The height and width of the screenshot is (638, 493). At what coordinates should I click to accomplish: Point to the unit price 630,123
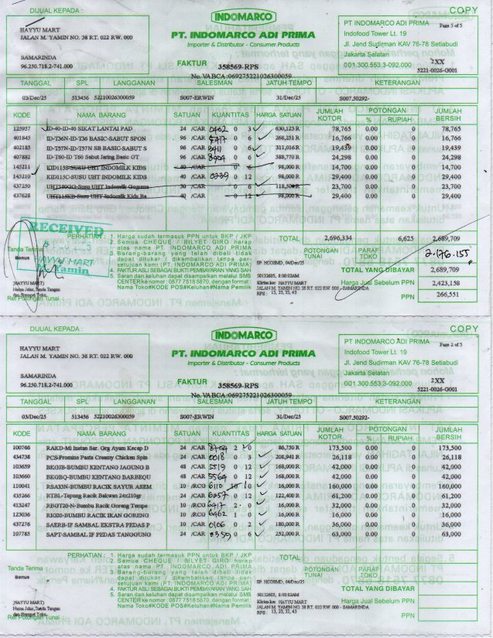pyautogui.click(x=288, y=128)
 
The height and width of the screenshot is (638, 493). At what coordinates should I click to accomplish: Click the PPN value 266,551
pyautogui.click(x=449, y=294)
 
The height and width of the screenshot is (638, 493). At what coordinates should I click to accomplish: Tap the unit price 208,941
pyautogui.click(x=288, y=457)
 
